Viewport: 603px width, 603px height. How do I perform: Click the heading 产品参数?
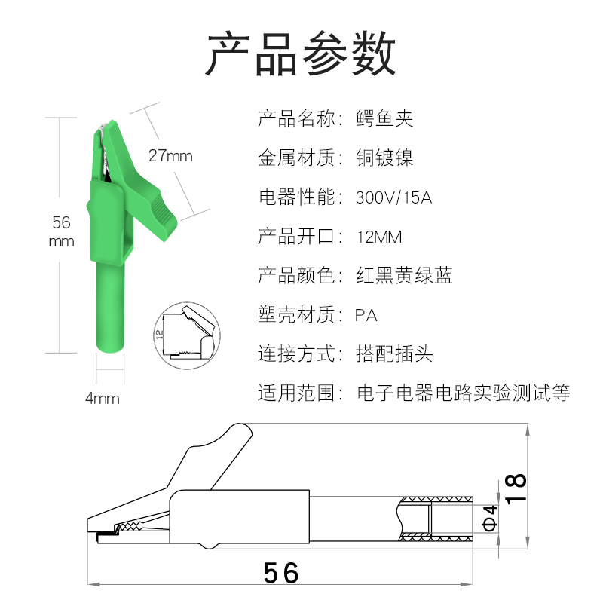coord(301,54)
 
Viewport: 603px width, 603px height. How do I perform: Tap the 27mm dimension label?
coord(170,156)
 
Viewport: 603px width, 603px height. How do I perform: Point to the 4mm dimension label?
coord(103,399)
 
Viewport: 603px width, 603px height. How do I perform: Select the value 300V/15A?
coord(393,198)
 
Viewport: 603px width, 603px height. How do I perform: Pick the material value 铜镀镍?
coord(384,158)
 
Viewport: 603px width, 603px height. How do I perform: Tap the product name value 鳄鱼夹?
coord(384,118)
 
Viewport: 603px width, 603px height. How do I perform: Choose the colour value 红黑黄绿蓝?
coord(404,276)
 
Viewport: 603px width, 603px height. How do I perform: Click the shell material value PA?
coord(366,315)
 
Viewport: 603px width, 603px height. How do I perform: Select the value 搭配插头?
coord(394,354)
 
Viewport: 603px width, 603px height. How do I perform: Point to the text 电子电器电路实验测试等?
coord(463,393)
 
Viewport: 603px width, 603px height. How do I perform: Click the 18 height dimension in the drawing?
coord(516,491)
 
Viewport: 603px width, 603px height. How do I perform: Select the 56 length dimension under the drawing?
coord(282,573)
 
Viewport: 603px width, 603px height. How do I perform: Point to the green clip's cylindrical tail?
coord(111,301)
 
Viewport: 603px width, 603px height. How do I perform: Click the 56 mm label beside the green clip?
coord(61,231)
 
